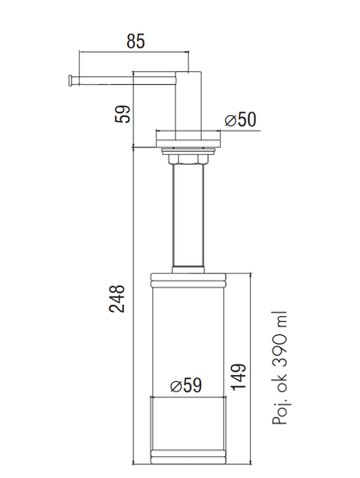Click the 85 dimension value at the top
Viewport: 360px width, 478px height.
tap(136, 42)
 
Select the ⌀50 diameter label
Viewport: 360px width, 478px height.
tap(241, 119)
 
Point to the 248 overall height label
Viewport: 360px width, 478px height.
tap(117, 299)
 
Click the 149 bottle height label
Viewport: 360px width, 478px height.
tap(239, 377)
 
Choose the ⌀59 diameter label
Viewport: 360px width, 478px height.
tap(186, 385)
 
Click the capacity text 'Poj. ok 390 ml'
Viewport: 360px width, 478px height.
tap(280, 368)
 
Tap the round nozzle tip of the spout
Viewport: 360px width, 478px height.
tap(71, 81)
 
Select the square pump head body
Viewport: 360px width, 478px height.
tap(189, 106)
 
